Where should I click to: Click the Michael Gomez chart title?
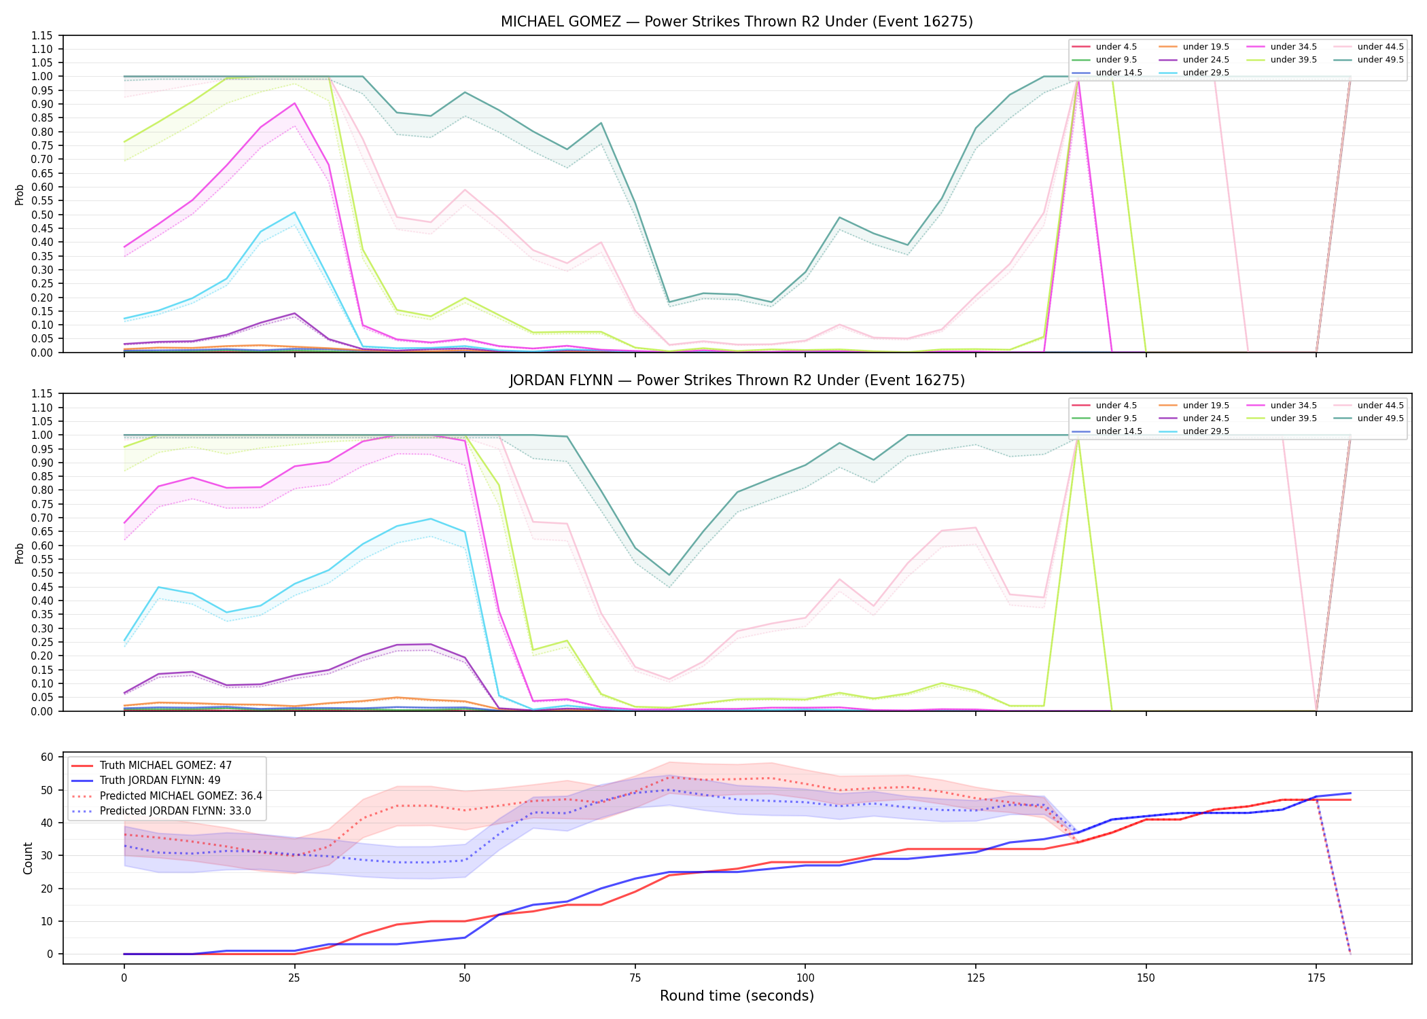pos(737,22)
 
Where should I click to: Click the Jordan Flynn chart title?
pos(737,380)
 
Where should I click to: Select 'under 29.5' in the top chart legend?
pos(1205,73)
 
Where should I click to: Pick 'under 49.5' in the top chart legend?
pos(1380,60)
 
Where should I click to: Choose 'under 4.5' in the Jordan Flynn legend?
pos(1116,406)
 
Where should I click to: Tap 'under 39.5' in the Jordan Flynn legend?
pos(1293,418)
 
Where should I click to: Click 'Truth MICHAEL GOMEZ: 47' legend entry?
pos(166,766)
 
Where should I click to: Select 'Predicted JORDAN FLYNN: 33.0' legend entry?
pos(175,811)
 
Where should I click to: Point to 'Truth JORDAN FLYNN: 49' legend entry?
pos(160,781)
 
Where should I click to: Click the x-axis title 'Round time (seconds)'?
pos(737,996)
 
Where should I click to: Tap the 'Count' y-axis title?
pos(28,858)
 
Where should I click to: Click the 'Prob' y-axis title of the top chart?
pos(20,194)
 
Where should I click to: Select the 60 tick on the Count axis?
pos(48,757)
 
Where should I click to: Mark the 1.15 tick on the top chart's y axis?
pos(41,35)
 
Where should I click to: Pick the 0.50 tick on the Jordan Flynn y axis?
pos(41,573)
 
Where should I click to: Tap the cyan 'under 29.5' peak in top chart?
pos(294,213)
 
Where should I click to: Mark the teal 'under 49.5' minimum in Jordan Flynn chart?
pos(669,575)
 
